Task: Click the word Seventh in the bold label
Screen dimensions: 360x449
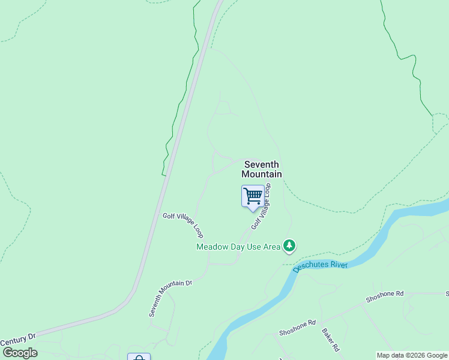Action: [x=262, y=164]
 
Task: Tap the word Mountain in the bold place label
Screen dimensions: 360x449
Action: [x=262, y=174]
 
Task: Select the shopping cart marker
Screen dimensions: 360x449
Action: [x=253, y=196]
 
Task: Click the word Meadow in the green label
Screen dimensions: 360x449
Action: [x=213, y=247]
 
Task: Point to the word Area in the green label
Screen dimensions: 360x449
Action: [x=270, y=247]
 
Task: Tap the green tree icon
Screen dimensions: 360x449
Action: [x=290, y=245]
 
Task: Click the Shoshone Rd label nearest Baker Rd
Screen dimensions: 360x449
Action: [x=297, y=328]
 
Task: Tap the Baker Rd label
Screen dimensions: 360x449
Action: [x=330, y=340]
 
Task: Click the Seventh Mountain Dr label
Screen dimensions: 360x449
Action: [x=170, y=298]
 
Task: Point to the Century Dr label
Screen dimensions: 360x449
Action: [x=18, y=339]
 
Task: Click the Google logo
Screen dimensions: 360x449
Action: [x=20, y=353]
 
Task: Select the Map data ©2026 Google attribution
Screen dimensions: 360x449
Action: [x=412, y=355]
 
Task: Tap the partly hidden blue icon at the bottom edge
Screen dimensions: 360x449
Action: [x=139, y=357]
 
